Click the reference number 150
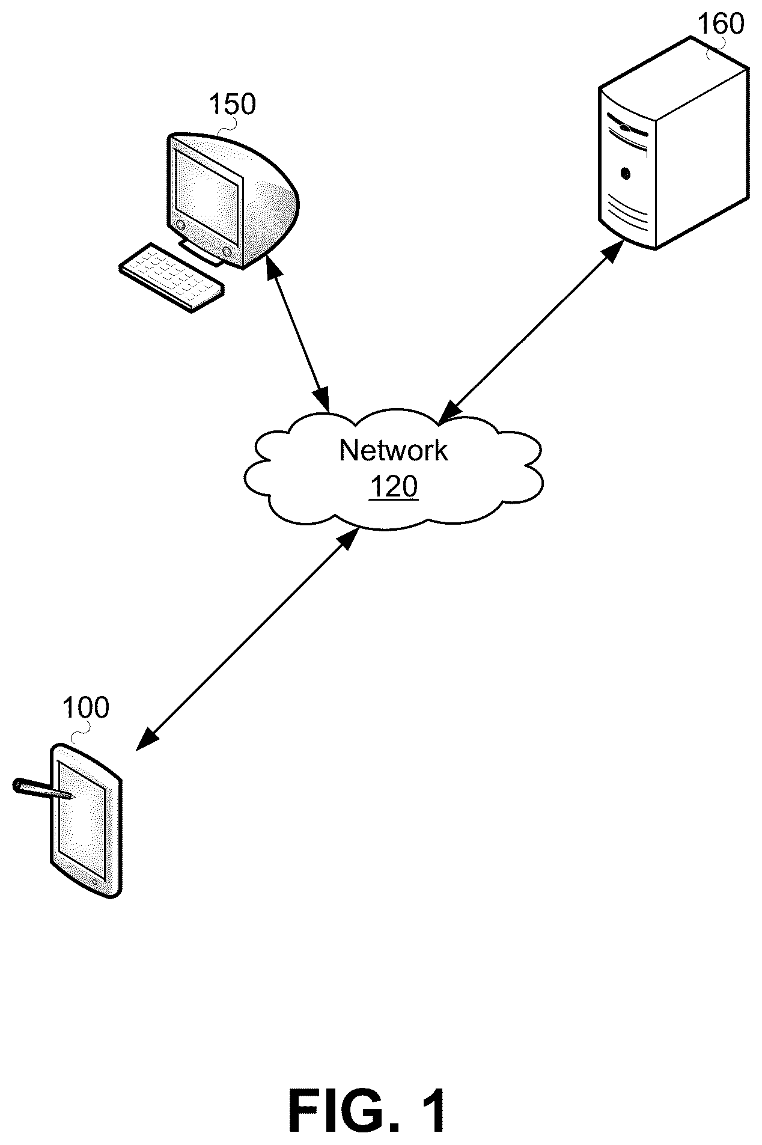click(x=232, y=105)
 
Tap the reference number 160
click(x=721, y=23)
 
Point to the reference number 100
click(x=86, y=708)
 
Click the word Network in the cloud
click(x=394, y=450)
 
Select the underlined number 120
click(x=394, y=486)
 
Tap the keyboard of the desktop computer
click(x=171, y=278)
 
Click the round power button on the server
click(x=626, y=174)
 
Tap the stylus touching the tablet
click(x=43, y=789)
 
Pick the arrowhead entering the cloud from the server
click(x=448, y=412)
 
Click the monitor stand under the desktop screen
click(x=202, y=252)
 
